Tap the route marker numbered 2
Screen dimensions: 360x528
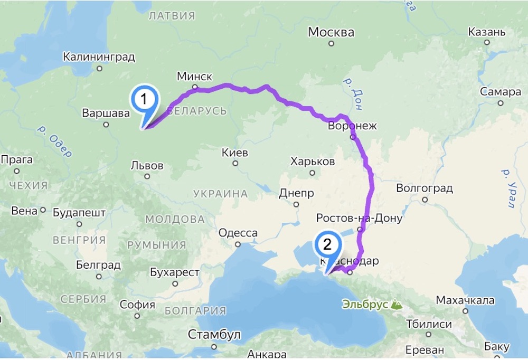tap(328, 245)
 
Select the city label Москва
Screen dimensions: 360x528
tap(331, 33)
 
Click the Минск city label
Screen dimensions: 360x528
tap(194, 76)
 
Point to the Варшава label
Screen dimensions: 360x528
tap(106, 113)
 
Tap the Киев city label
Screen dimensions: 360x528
tap(235, 153)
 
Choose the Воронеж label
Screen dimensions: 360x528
tap(353, 126)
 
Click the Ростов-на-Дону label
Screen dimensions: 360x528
tap(359, 218)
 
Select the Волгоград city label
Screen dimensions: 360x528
tap(425, 188)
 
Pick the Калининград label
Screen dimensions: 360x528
tap(99, 56)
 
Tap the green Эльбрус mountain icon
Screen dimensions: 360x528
tap(396, 305)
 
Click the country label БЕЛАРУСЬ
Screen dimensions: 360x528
tap(197, 111)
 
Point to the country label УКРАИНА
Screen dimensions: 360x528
tap(221, 194)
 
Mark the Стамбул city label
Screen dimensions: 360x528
tap(214, 335)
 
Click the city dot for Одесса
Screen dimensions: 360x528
tap(238, 244)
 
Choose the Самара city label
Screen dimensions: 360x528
tap(501, 92)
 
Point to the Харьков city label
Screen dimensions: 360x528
tap(313, 162)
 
